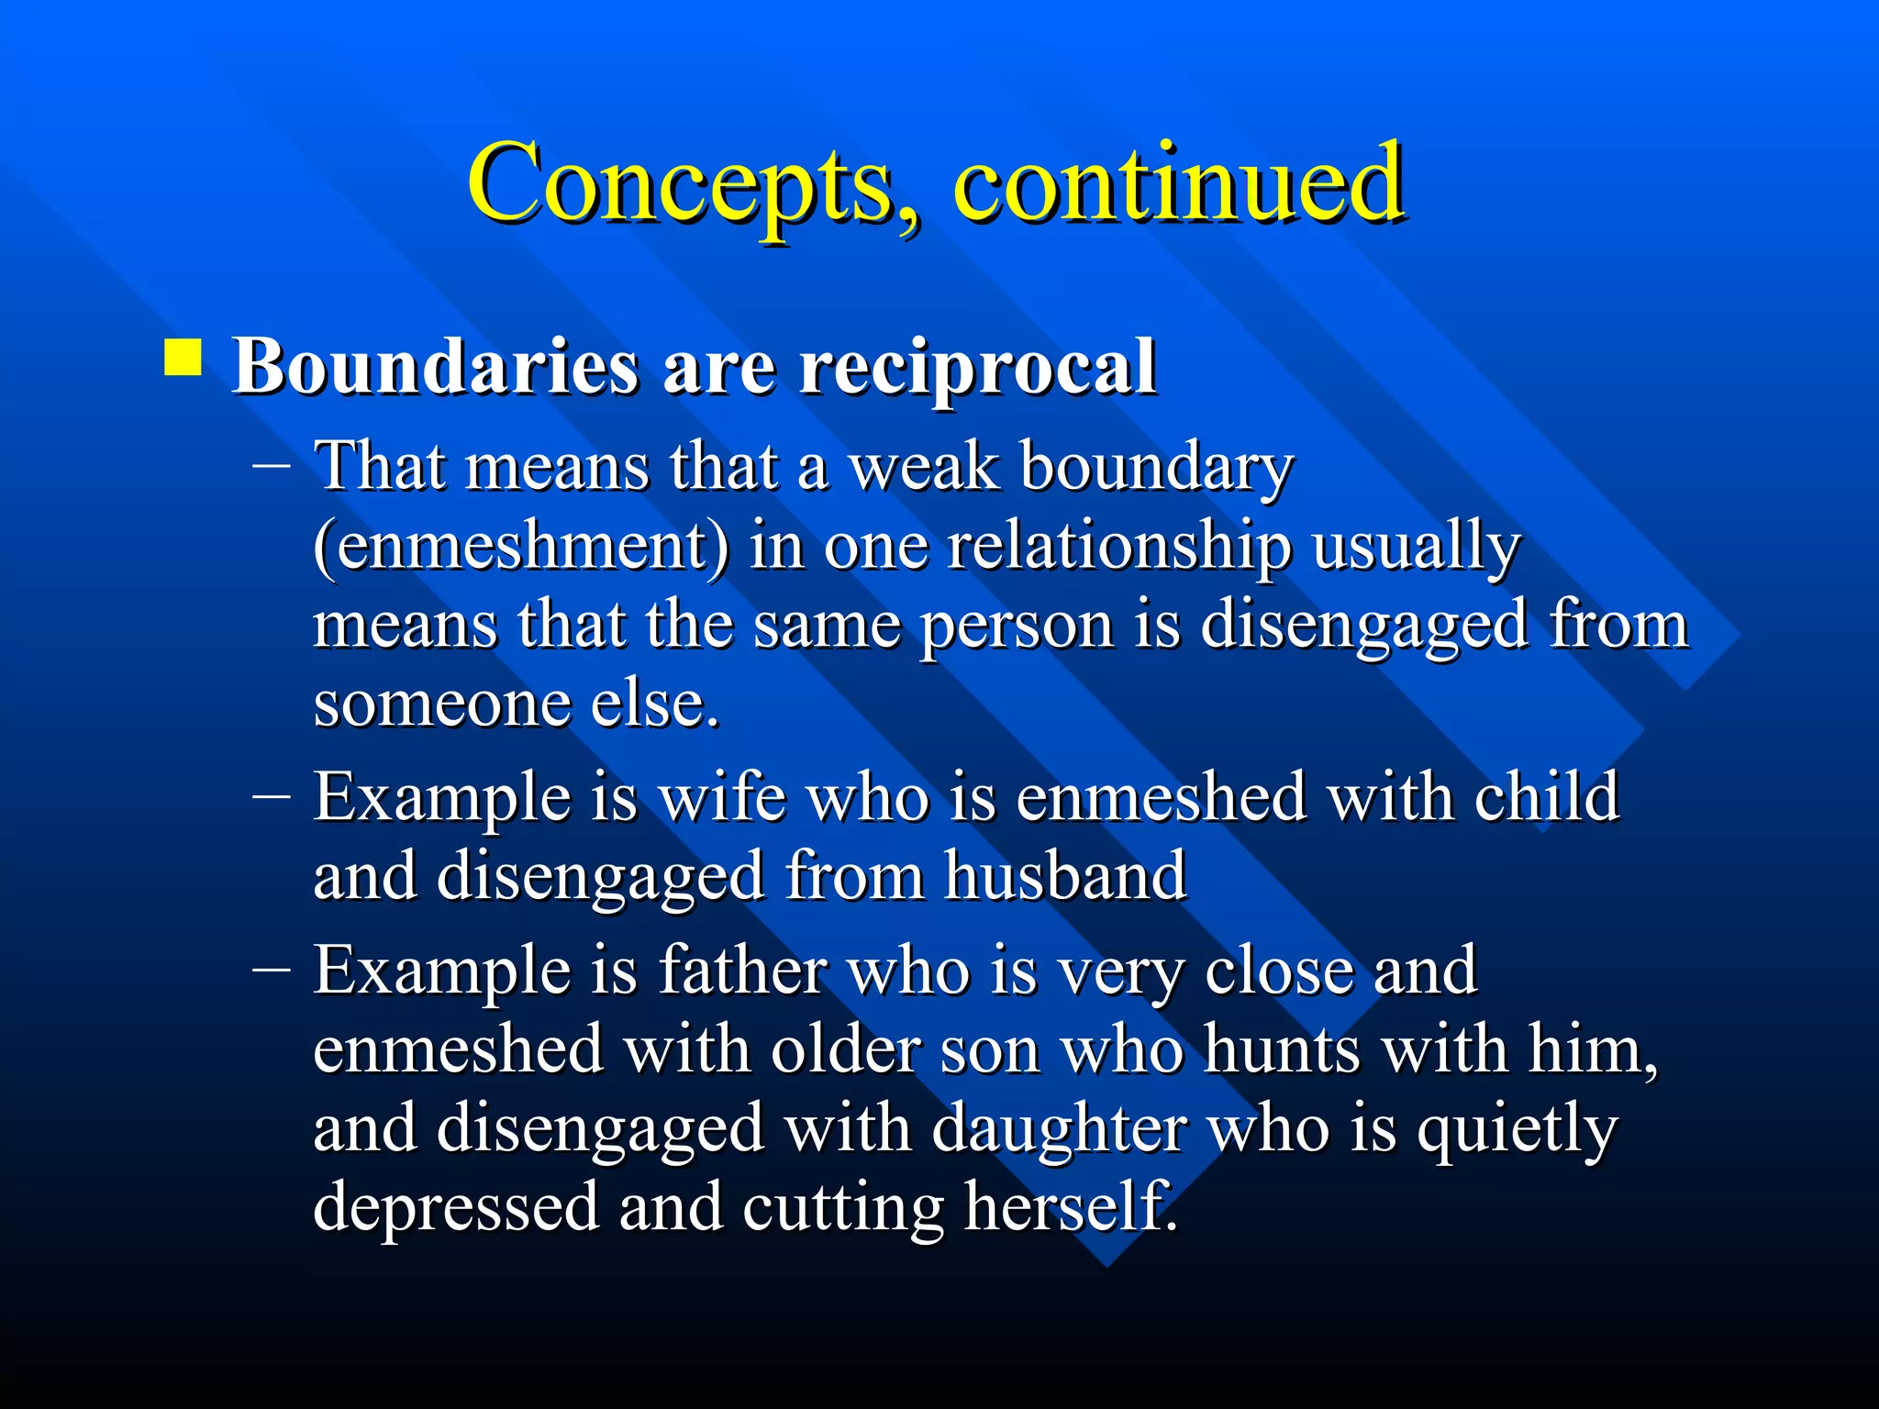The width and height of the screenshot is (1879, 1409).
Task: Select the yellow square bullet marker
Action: [183, 359]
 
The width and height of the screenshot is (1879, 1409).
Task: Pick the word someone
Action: [441, 704]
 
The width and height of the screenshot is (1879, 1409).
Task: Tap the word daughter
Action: [1060, 1128]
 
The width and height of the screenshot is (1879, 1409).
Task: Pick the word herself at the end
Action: [1069, 1206]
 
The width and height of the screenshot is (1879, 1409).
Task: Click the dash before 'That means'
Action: [272, 465]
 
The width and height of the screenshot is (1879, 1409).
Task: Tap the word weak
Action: [923, 467]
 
